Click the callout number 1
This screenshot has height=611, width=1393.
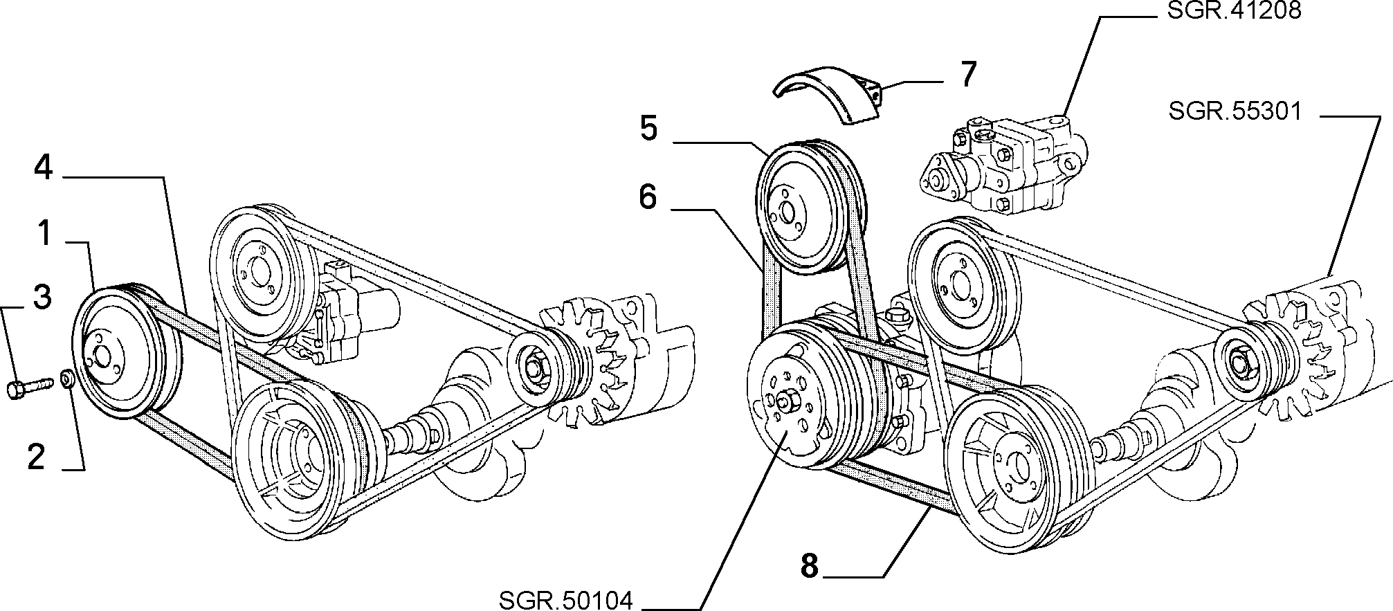coord(44,233)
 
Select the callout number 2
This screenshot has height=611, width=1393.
coord(36,457)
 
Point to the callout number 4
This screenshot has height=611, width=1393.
coord(43,167)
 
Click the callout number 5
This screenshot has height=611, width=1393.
coord(648,129)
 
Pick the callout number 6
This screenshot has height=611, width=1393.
coord(647,197)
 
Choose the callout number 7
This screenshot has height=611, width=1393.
coord(967,73)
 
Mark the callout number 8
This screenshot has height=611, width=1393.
coord(809,565)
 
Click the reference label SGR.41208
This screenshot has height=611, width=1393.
coord(1234,12)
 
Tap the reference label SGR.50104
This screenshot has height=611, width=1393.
coord(565,601)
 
